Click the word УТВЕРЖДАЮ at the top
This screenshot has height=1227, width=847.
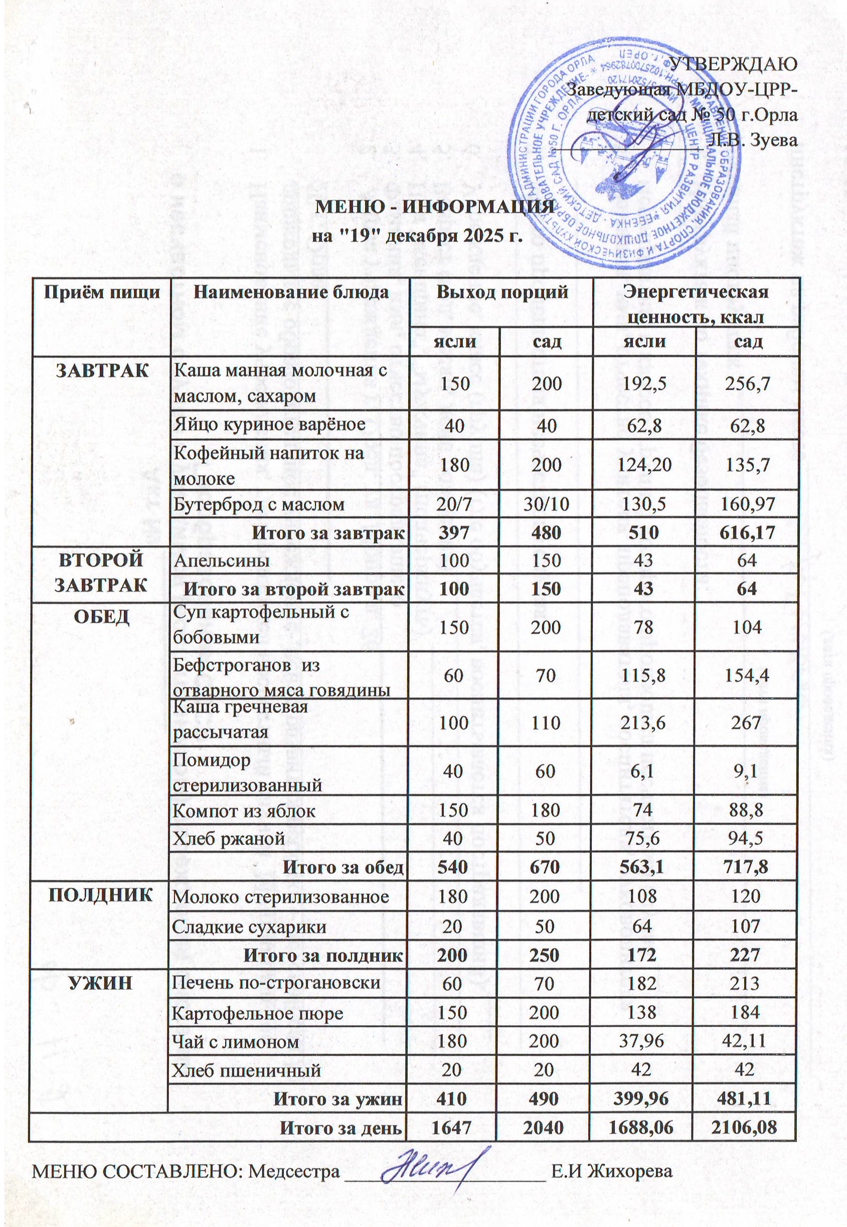tap(734, 64)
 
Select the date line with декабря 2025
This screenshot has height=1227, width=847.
tap(417, 235)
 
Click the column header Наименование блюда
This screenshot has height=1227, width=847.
tap(290, 292)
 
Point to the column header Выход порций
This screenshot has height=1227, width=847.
tap(502, 292)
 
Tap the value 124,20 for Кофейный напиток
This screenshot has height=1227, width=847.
tap(643, 465)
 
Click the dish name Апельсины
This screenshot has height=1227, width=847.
tap(221, 561)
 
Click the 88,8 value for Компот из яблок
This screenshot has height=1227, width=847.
tap(746, 811)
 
